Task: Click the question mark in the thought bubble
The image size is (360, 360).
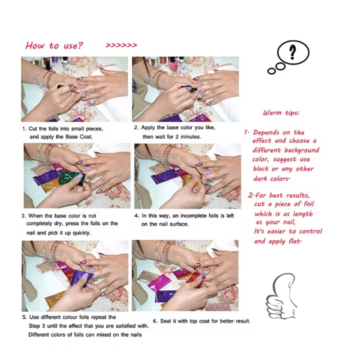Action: [x=292, y=52]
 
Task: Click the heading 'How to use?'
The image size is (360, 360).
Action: [x=54, y=45]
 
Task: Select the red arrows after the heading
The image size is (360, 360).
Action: [x=121, y=45]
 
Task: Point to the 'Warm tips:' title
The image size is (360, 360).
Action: [x=281, y=113]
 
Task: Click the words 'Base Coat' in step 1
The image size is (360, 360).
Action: [x=78, y=137]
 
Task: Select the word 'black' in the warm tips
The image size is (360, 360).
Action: [x=261, y=169]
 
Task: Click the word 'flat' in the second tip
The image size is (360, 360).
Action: [x=294, y=241]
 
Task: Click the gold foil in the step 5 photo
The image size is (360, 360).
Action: [x=55, y=299]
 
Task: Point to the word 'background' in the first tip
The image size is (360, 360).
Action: [x=301, y=150]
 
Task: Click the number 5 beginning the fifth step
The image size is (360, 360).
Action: [x=24, y=317]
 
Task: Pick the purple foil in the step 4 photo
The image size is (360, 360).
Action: [x=164, y=176]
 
